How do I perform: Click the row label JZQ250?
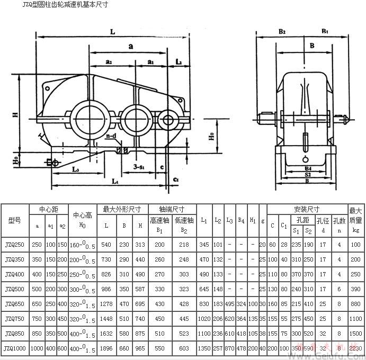(x=14, y=245)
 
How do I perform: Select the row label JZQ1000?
(x=15, y=349)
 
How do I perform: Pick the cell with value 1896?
(x=106, y=349)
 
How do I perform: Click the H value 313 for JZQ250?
(x=140, y=245)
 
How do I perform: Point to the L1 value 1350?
(x=204, y=349)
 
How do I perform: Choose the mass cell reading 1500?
(x=355, y=334)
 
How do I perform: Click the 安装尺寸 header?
(x=307, y=209)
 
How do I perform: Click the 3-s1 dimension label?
(x=140, y=167)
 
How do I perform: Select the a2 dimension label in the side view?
(x=109, y=62)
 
